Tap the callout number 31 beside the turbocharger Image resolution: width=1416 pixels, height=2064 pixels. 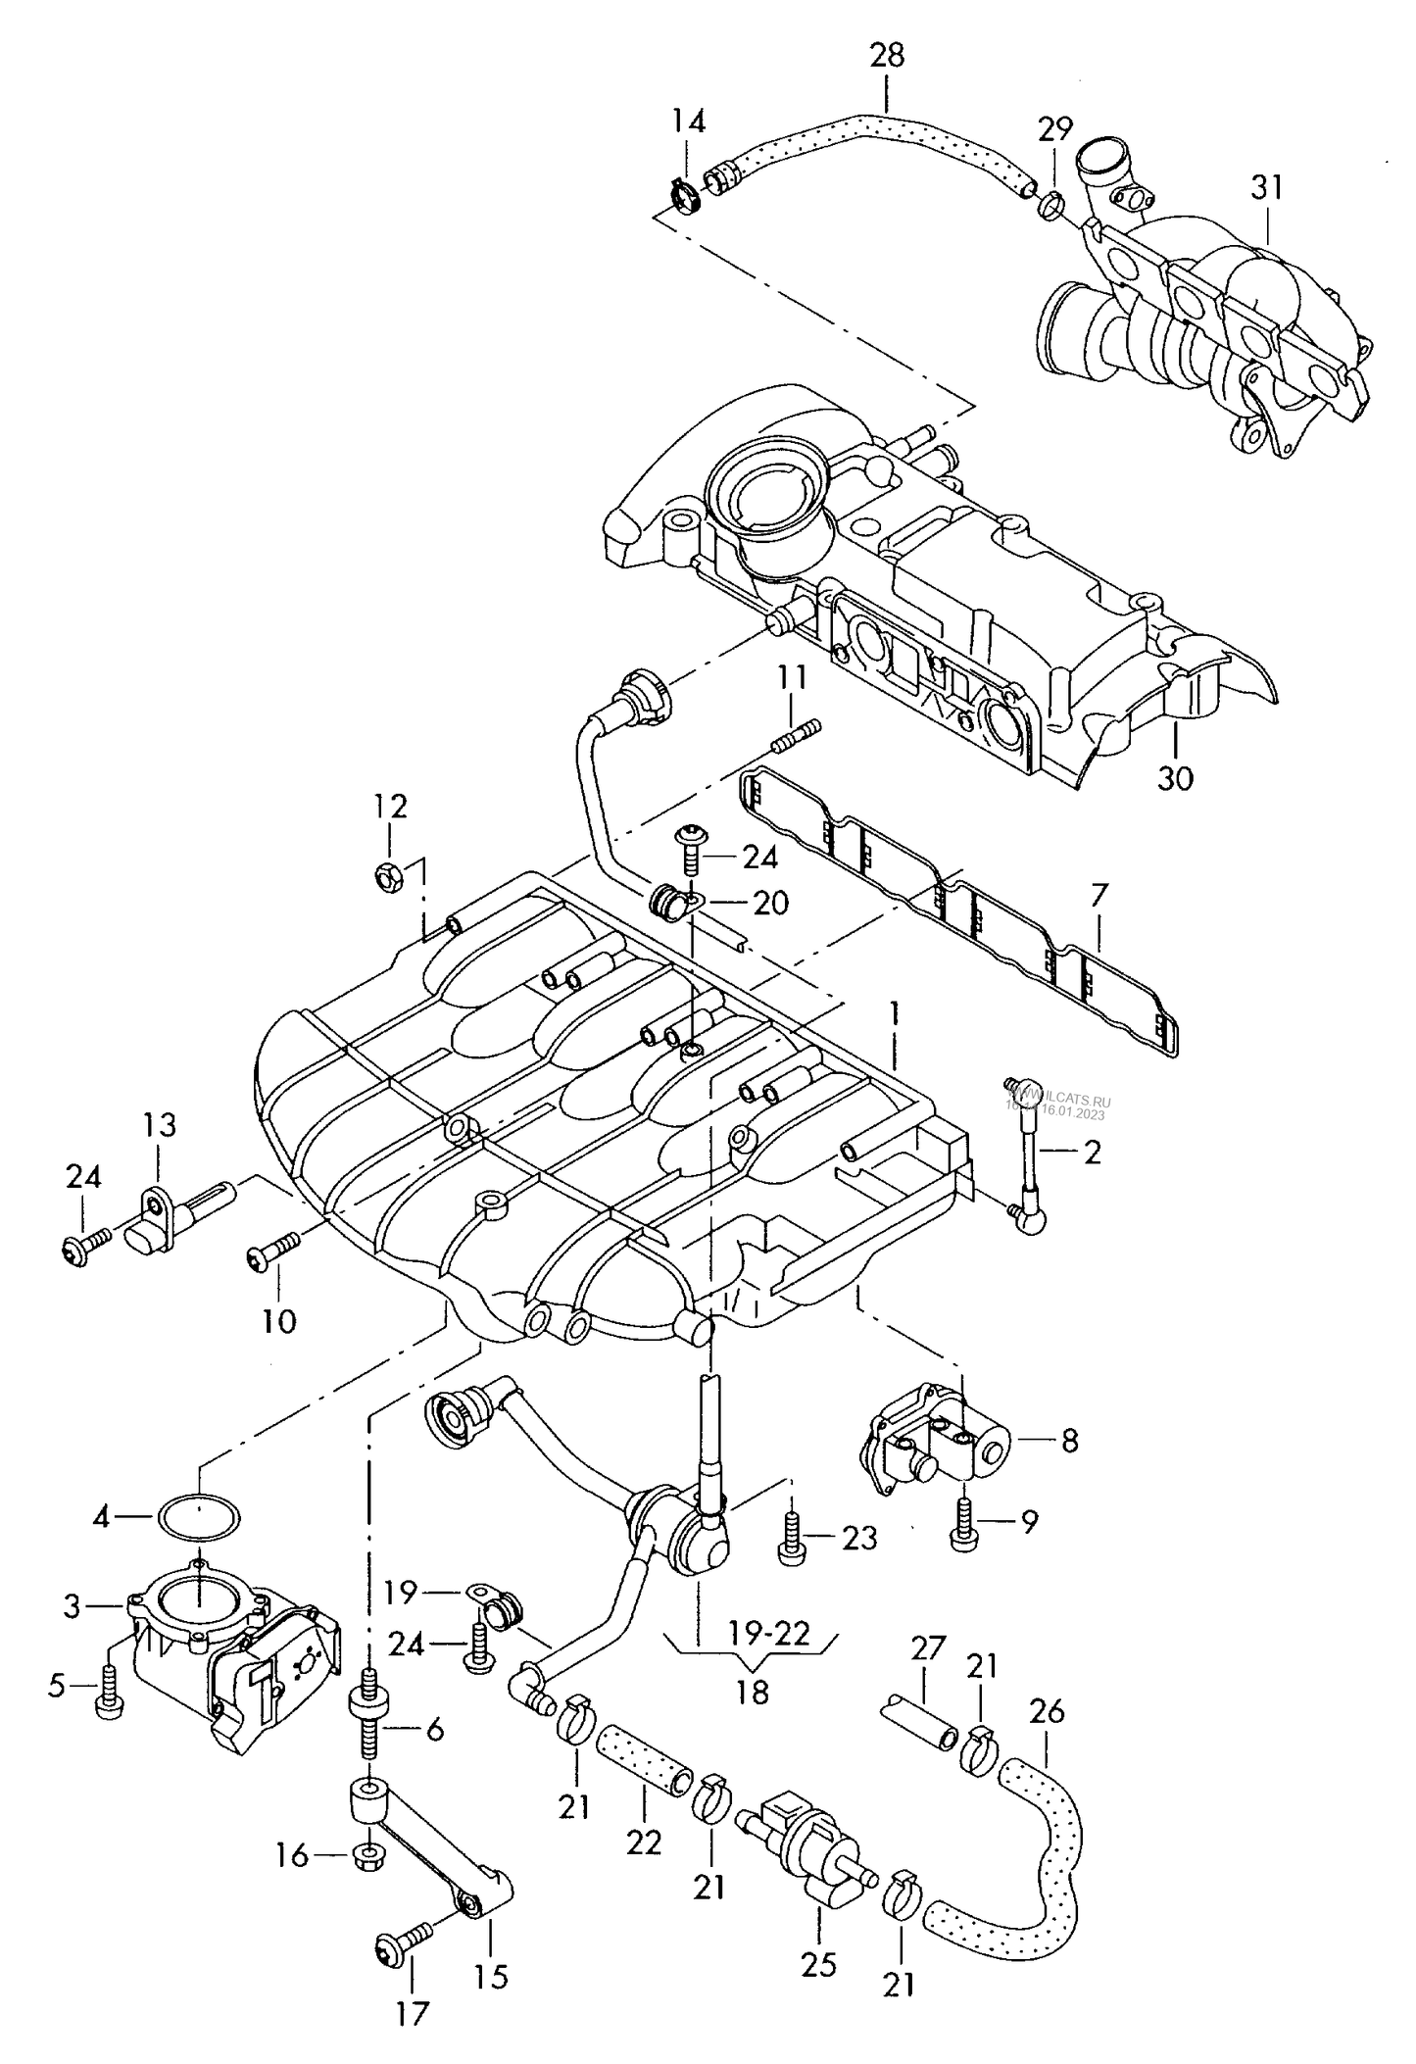tap(1266, 187)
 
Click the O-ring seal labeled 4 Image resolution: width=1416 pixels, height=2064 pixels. tap(199, 1518)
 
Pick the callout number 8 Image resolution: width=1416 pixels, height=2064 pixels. tap(1069, 1441)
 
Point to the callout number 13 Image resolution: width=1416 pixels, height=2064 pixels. tap(159, 1124)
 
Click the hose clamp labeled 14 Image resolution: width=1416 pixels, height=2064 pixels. tap(689, 191)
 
